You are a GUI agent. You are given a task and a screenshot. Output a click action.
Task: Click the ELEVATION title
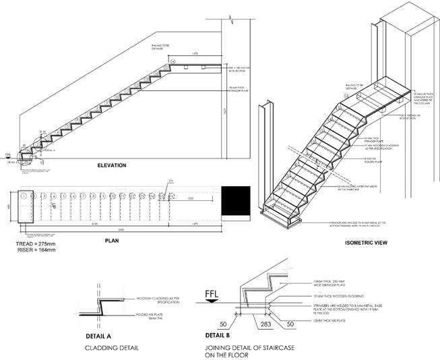coord(112,165)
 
